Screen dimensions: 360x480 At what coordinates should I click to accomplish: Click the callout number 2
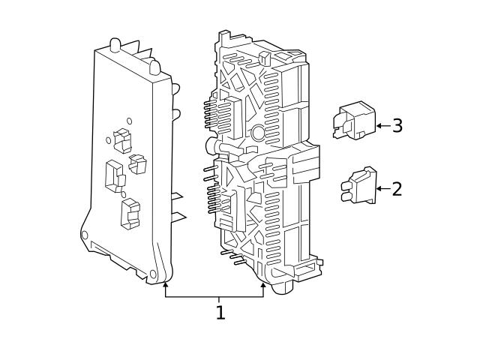(x=397, y=188)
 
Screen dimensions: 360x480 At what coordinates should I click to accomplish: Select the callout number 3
(x=397, y=125)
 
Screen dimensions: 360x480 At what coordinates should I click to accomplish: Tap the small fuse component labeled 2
(x=358, y=187)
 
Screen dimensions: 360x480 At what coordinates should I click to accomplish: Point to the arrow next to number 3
(x=382, y=125)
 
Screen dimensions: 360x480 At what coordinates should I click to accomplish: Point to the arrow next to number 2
(x=382, y=188)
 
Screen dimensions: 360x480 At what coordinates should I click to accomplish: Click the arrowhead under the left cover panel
(x=166, y=285)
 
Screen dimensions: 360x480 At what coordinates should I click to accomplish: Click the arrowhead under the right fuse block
(x=263, y=285)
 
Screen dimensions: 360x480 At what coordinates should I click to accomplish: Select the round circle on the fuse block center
(x=258, y=133)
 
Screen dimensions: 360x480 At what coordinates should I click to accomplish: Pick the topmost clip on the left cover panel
(x=121, y=139)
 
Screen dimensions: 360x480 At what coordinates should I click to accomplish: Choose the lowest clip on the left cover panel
(x=129, y=212)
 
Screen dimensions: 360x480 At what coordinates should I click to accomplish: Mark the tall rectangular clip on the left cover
(x=115, y=173)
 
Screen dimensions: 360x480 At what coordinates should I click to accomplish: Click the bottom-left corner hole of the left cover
(x=85, y=235)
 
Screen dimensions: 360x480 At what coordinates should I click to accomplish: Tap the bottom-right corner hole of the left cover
(x=153, y=274)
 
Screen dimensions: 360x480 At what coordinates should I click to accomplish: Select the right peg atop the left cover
(x=154, y=67)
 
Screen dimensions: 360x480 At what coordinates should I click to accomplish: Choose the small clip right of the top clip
(x=137, y=163)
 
